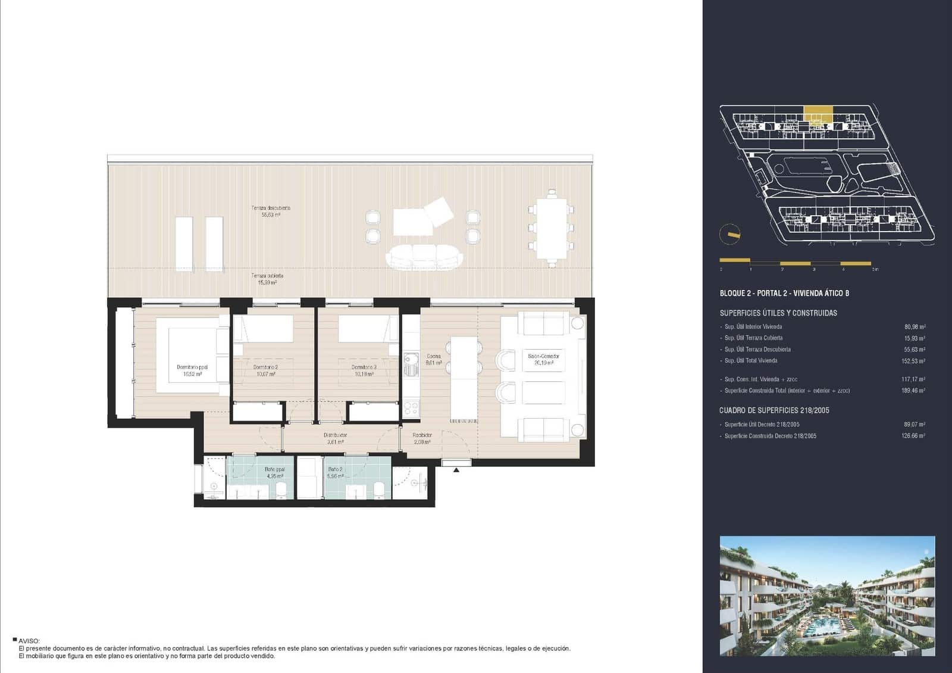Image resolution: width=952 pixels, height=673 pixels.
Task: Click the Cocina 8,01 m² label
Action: click(x=434, y=359)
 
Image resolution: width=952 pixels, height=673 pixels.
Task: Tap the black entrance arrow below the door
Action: click(x=456, y=471)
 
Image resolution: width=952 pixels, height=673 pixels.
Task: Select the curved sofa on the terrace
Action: click(x=424, y=257)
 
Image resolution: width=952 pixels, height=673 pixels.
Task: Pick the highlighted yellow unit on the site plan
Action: click(x=818, y=113)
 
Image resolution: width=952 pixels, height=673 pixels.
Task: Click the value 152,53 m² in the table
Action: click(x=913, y=361)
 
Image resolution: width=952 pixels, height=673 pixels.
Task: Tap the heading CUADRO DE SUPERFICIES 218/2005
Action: click(x=773, y=410)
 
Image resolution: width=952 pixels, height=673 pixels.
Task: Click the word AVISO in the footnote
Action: click(x=29, y=641)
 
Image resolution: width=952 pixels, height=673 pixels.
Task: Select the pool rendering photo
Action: click(x=827, y=596)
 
